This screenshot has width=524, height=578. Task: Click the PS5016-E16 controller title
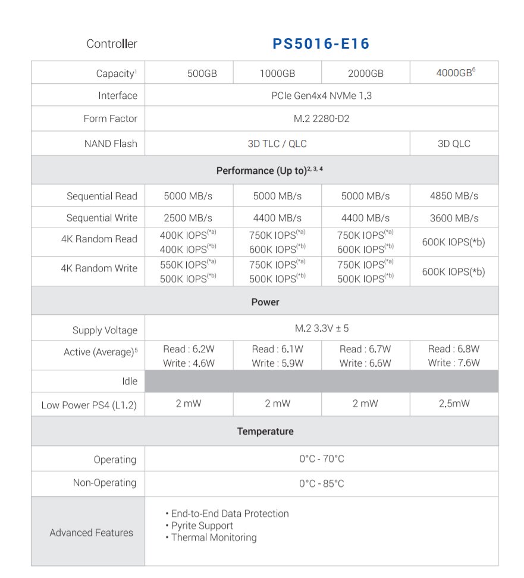tap(321, 44)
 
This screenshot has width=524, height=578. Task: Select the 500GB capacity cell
tap(202, 74)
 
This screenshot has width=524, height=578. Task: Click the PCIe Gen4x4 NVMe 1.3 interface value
tap(321, 95)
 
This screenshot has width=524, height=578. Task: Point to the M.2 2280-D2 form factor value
tap(321, 118)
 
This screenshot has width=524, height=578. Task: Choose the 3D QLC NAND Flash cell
tap(454, 143)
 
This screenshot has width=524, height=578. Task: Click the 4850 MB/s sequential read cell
tap(454, 196)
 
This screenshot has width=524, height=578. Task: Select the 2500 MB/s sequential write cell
tap(188, 218)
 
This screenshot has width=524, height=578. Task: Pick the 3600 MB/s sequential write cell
tap(454, 218)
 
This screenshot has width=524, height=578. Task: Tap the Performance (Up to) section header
tap(265, 171)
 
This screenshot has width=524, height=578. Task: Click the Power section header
tap(265, 302)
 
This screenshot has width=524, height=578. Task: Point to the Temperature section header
tap(265, 431)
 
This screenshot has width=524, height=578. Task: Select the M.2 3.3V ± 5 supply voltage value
tap(321, 329)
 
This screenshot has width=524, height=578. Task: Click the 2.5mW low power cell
tap(454, 404)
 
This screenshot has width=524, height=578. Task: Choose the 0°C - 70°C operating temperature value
tap(321, 459)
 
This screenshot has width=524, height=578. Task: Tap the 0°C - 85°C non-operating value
tap(321, 483)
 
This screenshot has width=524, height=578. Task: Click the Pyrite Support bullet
tap(202, 526)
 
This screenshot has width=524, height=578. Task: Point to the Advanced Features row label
tap(91, 533)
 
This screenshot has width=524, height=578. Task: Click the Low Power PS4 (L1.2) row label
tap(89, 405)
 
